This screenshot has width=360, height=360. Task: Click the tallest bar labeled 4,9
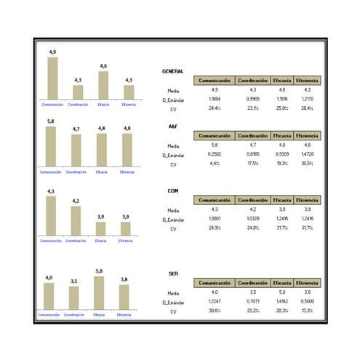[52, 78]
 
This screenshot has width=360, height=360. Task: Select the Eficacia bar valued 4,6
[103, 85]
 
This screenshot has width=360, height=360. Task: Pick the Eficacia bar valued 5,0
[99, 293]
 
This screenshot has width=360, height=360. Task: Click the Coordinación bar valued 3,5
[73, 297]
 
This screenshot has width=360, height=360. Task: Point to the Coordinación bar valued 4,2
[76, 220]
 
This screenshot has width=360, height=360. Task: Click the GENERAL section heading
[172, 71]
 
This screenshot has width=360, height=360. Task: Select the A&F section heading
[168, 126]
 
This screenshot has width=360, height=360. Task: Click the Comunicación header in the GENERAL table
[215, 80]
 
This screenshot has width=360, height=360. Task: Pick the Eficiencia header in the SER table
[308, 283]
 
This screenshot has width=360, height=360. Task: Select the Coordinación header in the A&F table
[253, 135]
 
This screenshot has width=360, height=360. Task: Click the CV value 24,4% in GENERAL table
[215, 108]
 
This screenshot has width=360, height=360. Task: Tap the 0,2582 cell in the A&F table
[215, 154]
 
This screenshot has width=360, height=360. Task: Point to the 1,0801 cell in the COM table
[215, 219]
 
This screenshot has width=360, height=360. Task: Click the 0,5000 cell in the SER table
[308, 301]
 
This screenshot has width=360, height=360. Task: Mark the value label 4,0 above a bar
[49, 277]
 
